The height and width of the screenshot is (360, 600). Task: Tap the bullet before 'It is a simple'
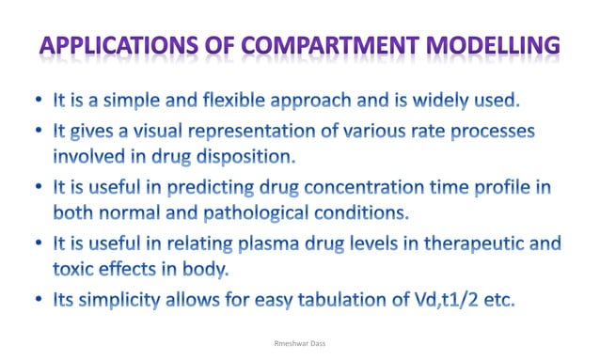37,100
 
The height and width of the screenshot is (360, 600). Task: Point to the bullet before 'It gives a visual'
37,128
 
